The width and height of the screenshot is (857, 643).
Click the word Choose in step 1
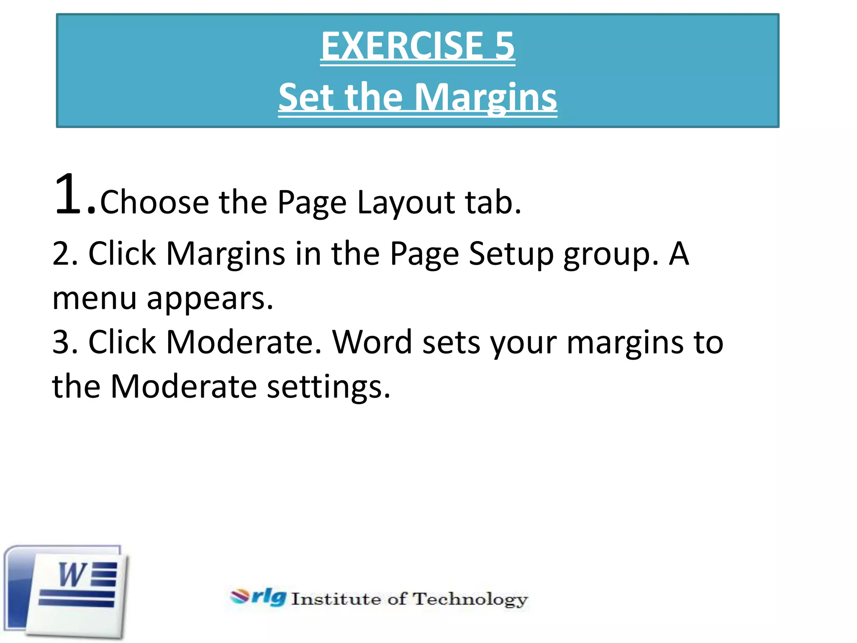click(154, 202)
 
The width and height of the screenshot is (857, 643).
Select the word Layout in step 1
click(405, 203)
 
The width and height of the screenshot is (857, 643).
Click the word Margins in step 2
click(226, 254)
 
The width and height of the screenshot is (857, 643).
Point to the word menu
click(95, 299)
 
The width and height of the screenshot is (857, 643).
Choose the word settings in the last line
click(328, 387)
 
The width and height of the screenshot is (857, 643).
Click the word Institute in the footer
click(336, 599)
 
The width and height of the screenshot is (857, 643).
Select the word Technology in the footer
click(470, 600)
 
